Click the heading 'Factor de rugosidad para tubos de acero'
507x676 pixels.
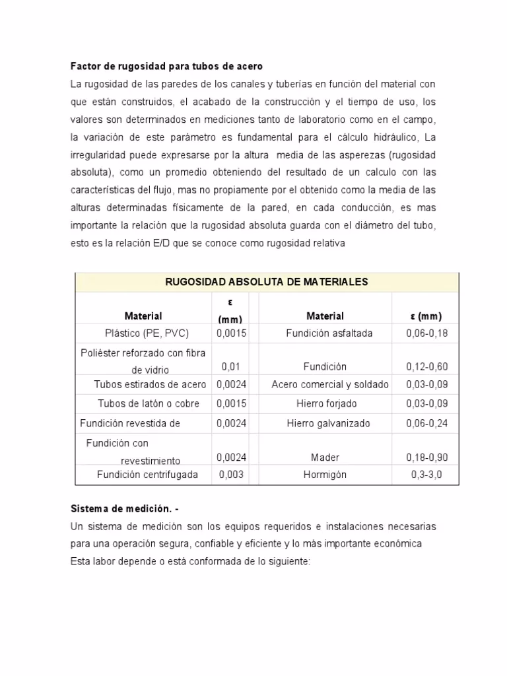pos(166,67)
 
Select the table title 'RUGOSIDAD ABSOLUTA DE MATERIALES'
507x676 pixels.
pos(266,282)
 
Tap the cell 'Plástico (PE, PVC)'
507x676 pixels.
pos(147,333)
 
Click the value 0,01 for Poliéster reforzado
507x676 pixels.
pos(230,366)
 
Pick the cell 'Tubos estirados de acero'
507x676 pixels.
pos(150,384)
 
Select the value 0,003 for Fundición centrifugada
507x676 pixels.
pos(231,475)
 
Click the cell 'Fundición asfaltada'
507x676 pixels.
pos(329,333)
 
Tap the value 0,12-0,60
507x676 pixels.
pos(426,366)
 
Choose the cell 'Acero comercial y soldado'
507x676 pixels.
pos(330,384)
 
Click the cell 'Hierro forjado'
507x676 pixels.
pos(325,403)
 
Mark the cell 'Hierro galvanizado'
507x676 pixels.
pos(328,423)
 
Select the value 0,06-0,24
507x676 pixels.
pos(426,423)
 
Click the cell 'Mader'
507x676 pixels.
pos(325,457)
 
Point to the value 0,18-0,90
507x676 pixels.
pos(426,457)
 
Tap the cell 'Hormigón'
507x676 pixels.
pos(325,475)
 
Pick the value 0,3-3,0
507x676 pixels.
pos(426,475)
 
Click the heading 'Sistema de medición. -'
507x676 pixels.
pos(124,509)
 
